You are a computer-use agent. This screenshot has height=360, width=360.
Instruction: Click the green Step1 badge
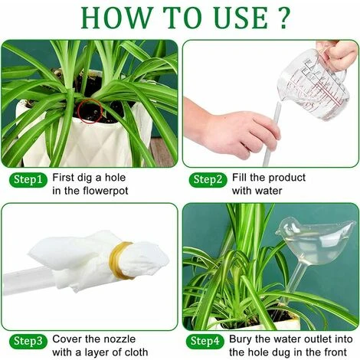tap(28, 180)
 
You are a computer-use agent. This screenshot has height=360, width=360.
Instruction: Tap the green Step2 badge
tap(208, 180)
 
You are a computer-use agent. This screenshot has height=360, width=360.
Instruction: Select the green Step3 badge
tap(28, 342)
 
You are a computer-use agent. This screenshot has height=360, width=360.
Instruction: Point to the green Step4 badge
tap(205, 342)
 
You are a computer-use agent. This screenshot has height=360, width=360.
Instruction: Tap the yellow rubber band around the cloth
tap(119, 260)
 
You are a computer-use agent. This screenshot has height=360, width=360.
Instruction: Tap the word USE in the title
tap(241, 18)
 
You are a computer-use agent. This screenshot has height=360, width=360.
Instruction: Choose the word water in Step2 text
tap(267, 191)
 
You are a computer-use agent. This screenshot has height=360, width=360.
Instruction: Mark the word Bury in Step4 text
tap(241, 339)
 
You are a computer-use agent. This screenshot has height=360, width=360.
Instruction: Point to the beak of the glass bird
tap(277, 232)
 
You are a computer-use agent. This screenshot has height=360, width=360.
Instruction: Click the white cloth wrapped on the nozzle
tap(97, 258)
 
